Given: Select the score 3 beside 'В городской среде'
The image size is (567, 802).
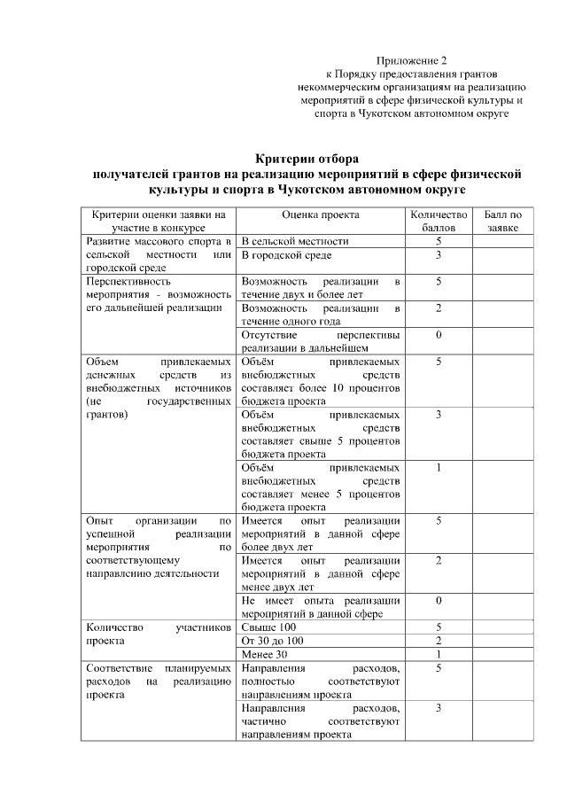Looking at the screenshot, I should point(438,255).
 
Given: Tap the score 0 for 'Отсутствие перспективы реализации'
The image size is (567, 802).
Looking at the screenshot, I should point(438,336).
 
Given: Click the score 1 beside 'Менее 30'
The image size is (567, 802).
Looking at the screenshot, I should point(438,654).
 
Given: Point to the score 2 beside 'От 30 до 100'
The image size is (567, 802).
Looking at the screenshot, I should point(438,641).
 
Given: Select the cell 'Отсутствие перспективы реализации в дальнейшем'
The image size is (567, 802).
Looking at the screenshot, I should point(320,342).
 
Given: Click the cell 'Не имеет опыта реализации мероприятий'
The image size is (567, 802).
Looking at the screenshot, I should point(320,607).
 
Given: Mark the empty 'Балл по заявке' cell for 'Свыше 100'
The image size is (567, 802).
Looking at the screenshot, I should point(502,627).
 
